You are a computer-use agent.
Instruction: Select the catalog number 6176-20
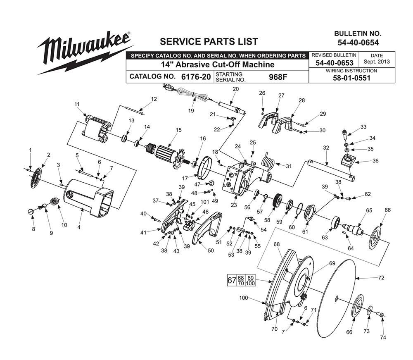196,77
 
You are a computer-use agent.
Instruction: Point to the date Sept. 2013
377,62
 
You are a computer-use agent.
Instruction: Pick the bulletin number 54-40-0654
358,42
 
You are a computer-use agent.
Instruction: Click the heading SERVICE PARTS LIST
209,41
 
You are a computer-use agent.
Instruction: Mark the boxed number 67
232,280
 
